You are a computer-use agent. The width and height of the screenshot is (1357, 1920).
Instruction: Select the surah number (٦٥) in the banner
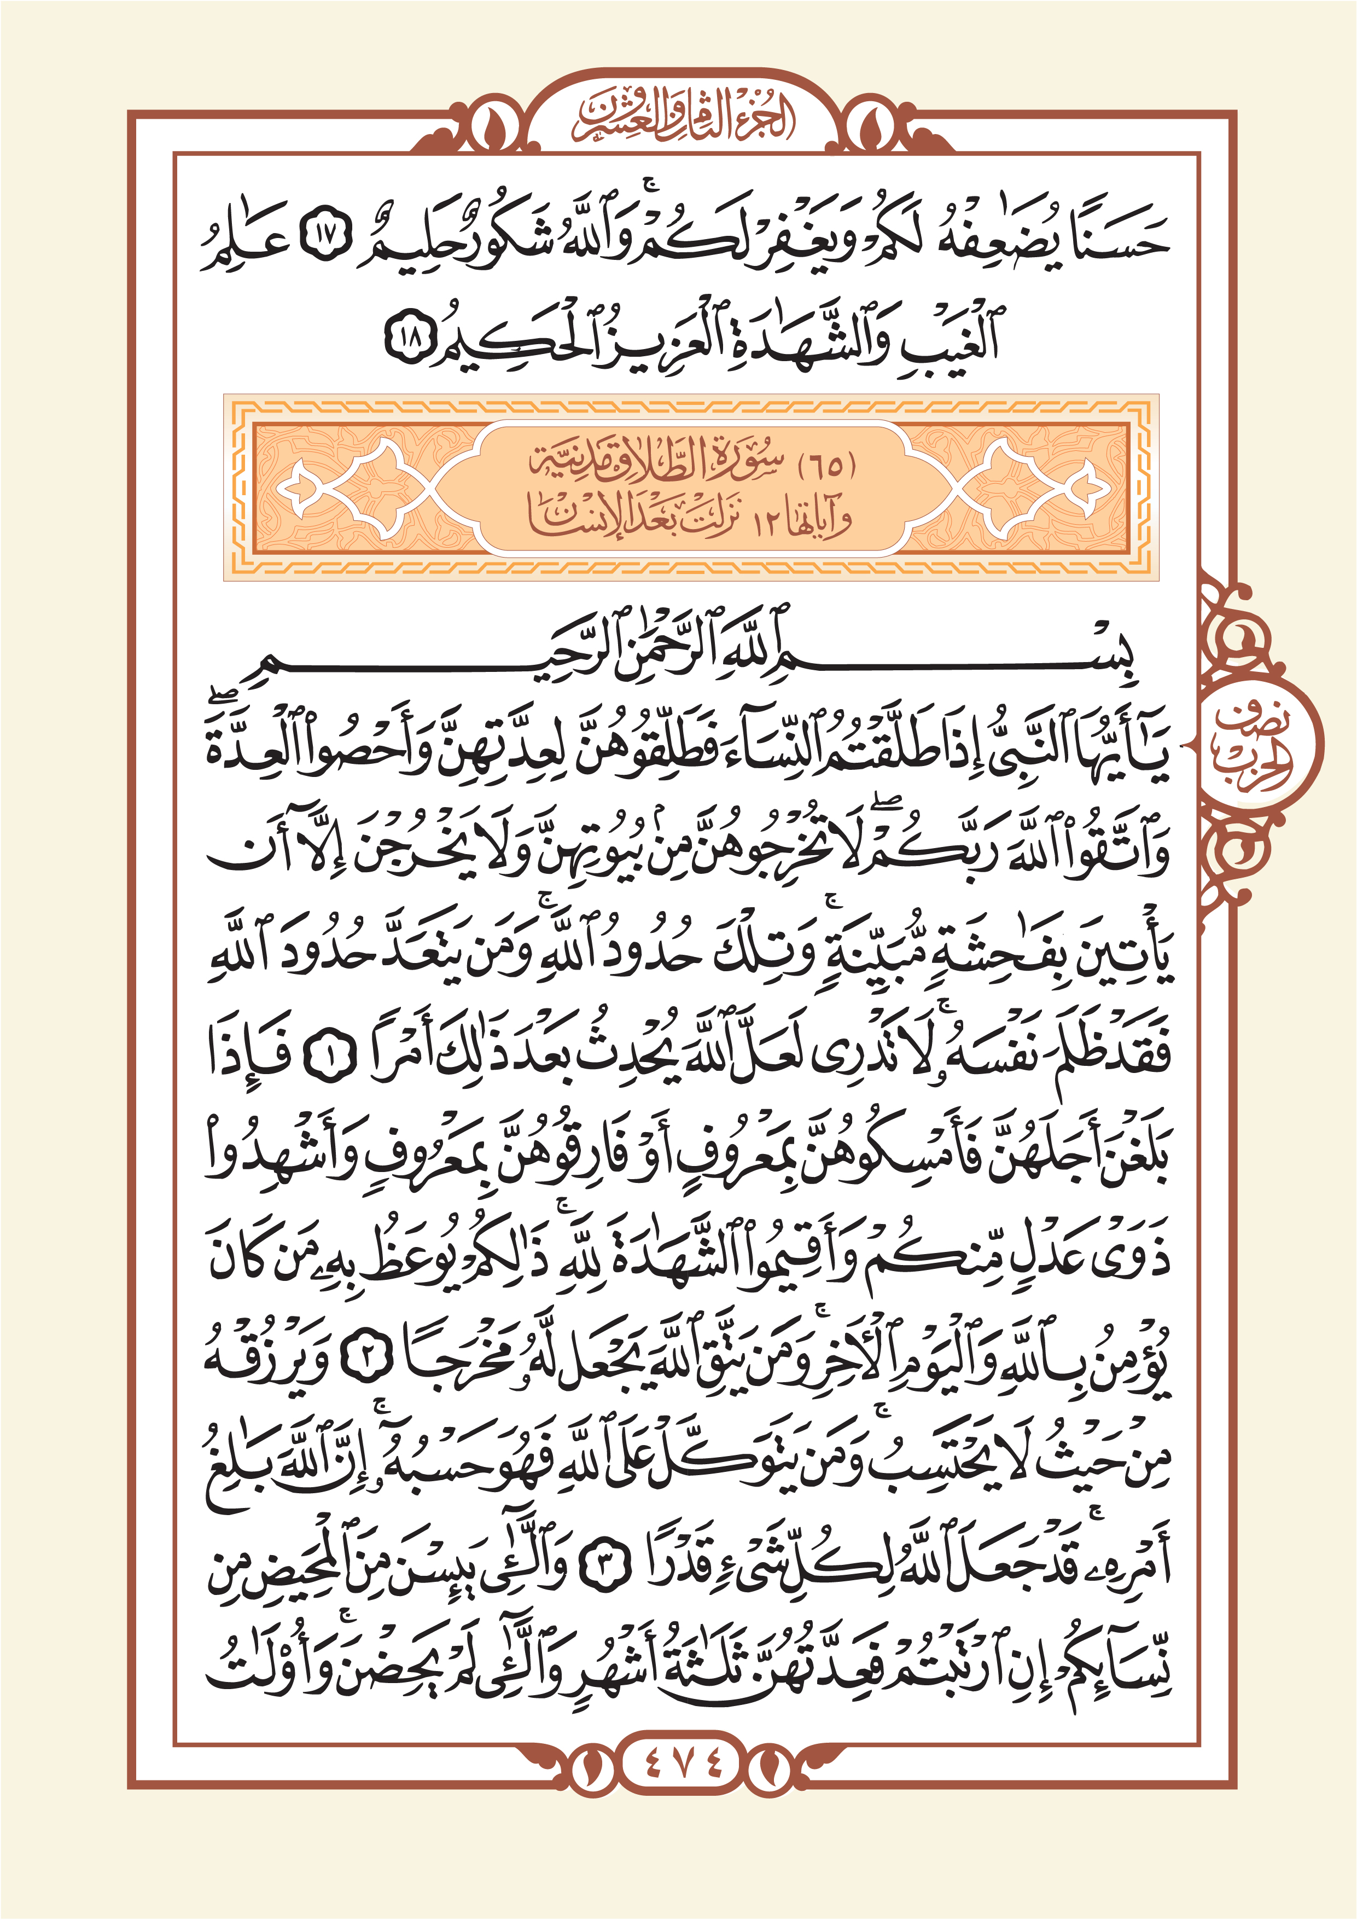click(828, 466)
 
